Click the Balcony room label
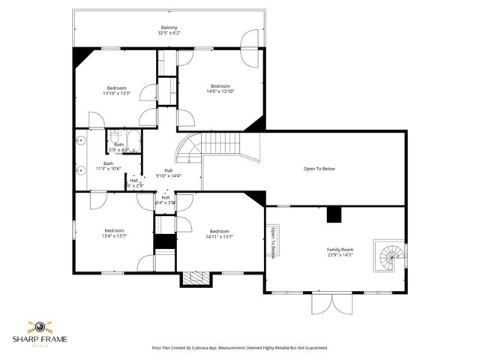pyautogui.click(x=169, y=28)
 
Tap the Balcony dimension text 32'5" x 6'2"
pyautogui.click(x=169, y=34)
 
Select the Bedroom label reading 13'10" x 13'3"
pyautogui.click(x=116, y=91)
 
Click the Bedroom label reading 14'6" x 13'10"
pyautogui.click(x=220, y=88)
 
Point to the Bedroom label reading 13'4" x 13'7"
pyautogui.click(x=114, y=233)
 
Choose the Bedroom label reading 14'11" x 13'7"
pyautogui.click(x=220, y=234)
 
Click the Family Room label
pyautogui.click(x=340, y=252)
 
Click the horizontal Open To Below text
pyautogui.click(x=319, y=169)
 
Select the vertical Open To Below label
pyautogui.click(x=273, y=241)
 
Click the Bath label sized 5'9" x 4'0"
pyautogui.click(x=119, y=147)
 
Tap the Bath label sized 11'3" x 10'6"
pyautogui.click(x=109, y=166)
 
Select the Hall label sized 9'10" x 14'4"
pyautogui.click(x=169, y=172)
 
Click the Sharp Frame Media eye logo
pyautogui.click(x=38, y=327)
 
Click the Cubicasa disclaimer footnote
pyautogui.click(x=240, y=348)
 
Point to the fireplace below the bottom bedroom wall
pyautogui.click(x=196, y=278)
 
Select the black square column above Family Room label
pyautogui.click(x=334, y=215)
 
